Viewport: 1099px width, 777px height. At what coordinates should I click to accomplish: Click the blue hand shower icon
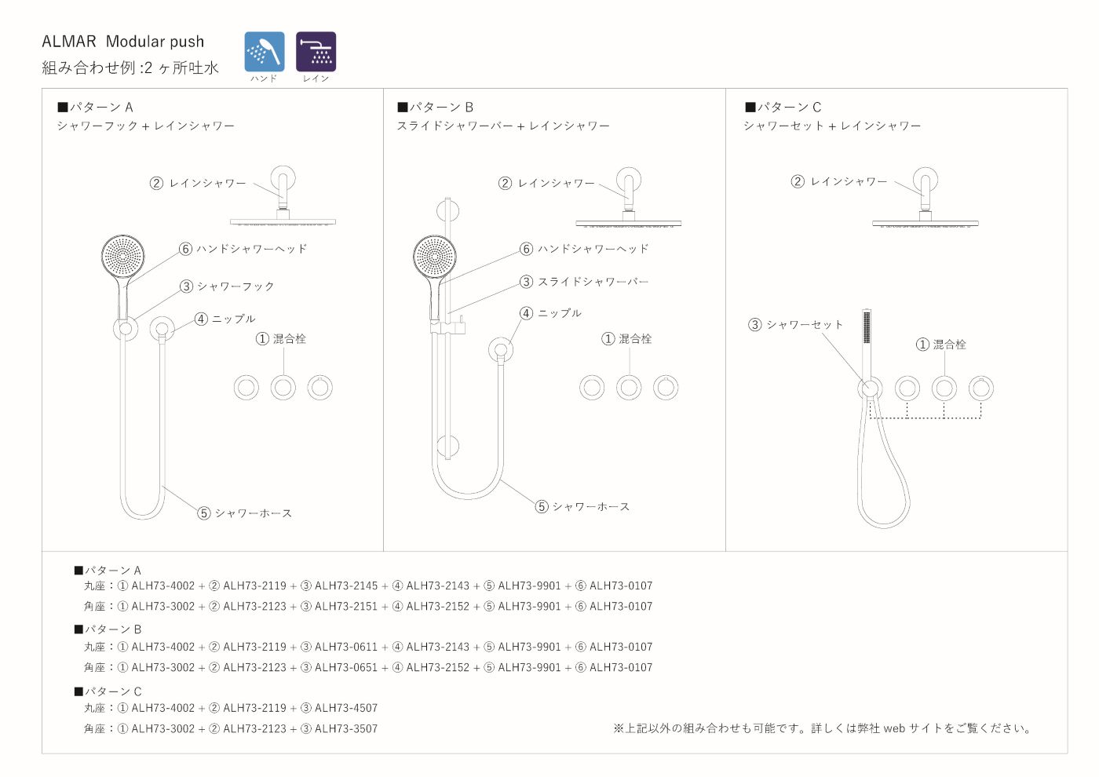point(264,52)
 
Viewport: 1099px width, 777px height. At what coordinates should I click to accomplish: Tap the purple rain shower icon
point(316,52)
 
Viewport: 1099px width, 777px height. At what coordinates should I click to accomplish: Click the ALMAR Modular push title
point(122,42)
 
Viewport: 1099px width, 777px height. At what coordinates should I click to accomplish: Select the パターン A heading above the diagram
point(95,107)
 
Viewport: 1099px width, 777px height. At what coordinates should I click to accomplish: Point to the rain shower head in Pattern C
point(925,224)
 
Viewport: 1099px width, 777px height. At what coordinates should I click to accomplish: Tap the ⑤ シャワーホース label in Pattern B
point(582,506)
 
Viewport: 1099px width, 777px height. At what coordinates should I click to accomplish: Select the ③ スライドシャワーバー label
point(584,282)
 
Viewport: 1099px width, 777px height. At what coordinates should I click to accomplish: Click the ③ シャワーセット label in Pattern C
point(795,324)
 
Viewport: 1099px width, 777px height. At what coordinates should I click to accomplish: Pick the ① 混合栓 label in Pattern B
point(626,338)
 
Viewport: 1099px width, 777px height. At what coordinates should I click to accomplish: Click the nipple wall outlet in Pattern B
point(501,349)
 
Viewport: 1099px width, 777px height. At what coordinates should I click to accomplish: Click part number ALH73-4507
point(346,708)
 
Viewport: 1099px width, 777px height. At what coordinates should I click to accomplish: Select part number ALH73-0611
point(346,647)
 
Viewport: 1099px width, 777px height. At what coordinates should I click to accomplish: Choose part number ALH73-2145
point(346,585)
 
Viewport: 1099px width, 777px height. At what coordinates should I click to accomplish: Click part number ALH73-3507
point(346,728)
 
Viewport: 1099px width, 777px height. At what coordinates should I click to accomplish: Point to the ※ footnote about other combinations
point(823,728)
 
